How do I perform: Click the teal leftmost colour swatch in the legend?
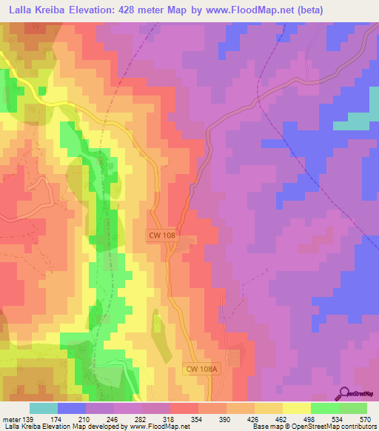click(44, 408)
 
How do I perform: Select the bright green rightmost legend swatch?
click(352, 408)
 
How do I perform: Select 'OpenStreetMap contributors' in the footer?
click(333, 427)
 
